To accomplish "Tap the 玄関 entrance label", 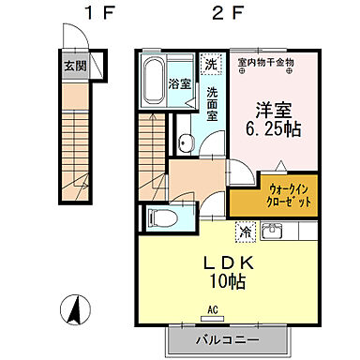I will coord(74,67).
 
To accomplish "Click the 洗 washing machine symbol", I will coord(212,64).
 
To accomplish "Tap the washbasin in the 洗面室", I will coord(186,142).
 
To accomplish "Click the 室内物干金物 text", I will coord(266,64).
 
